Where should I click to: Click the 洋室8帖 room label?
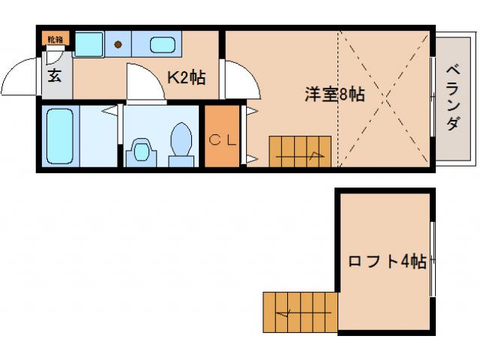click(334, 95)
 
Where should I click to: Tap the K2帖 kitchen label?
click(186, 77)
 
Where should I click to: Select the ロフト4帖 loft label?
click(387, 262)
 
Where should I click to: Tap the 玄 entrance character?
click(55, 75)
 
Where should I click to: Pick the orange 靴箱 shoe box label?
click(55, 38)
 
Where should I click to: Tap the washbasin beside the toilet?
click(140, 149)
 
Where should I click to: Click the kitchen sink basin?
click(162, 44)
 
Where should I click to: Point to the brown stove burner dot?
click(118, 44)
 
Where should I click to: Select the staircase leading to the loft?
click(299, 311)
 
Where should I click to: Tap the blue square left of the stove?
click(88, 43)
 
